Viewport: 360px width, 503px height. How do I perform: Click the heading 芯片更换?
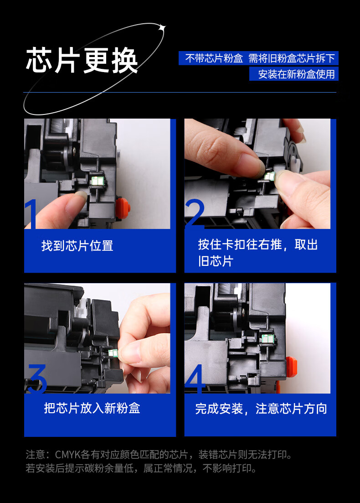82,60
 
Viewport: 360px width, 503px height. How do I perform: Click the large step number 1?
31,214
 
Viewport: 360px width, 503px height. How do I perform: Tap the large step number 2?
195,213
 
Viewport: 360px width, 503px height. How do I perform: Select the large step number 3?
37,379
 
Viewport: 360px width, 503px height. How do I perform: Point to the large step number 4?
195,379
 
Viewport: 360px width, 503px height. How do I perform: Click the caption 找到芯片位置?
77,246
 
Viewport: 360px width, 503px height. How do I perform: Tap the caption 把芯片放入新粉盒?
92,408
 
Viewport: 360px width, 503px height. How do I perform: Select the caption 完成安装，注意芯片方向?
261,409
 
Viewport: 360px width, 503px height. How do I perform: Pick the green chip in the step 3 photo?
113,353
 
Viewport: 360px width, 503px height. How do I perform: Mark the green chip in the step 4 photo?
267,338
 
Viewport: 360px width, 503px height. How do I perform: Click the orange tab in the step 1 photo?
123,208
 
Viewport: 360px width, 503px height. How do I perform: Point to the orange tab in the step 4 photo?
291,367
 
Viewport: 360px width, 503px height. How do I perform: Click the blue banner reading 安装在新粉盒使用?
294,74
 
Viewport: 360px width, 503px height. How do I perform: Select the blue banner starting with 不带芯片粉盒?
258,58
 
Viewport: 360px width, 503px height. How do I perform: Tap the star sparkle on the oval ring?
163,28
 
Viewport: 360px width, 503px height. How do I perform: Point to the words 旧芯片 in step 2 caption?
216,261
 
